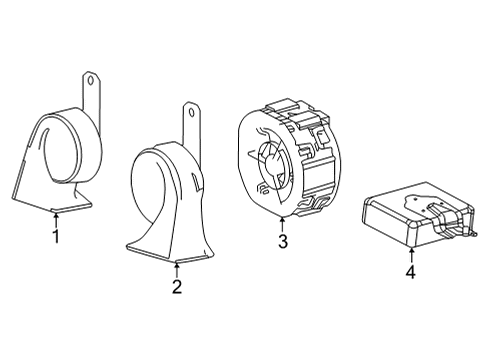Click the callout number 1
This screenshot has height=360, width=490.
pos(56,237)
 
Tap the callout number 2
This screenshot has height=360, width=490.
pos(176,288)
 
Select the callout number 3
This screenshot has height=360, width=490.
pos(283,242)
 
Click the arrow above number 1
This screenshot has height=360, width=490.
pos(56,218)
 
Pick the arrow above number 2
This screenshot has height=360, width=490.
pos(176,267)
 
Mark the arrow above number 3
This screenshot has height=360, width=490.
pos(283,223)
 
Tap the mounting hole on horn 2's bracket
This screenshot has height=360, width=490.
pos(188,113)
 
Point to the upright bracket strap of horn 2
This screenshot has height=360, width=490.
pos(188,135)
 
